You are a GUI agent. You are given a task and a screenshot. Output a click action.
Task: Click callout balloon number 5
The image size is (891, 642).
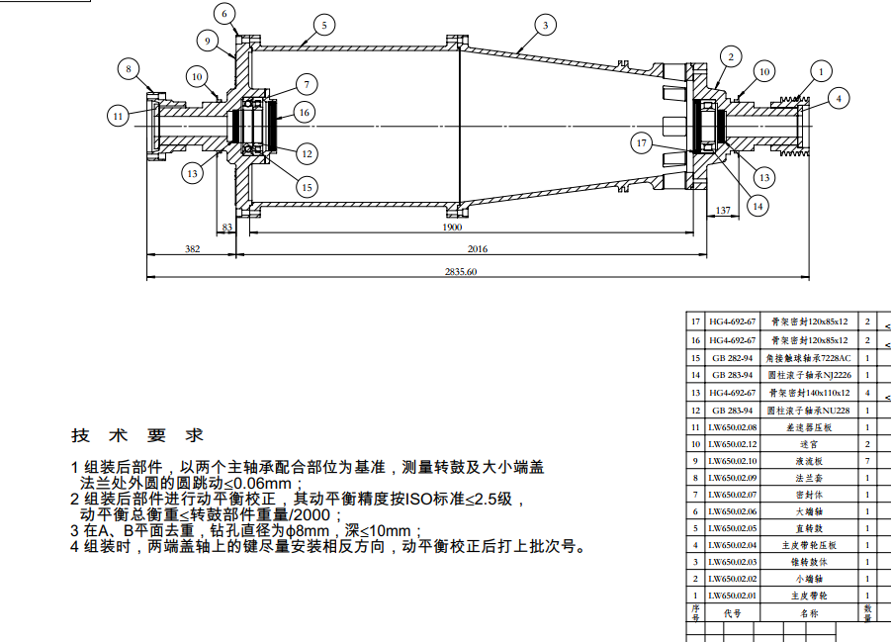pos(322,24)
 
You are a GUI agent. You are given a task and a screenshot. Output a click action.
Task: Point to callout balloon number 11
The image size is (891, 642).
pos(118,116)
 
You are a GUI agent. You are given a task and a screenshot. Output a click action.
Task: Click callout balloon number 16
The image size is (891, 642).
pos(304,113)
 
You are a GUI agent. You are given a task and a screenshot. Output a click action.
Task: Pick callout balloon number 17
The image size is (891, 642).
pos(642,143)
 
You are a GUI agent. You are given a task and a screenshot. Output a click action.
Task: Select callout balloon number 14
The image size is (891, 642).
pos(757,206)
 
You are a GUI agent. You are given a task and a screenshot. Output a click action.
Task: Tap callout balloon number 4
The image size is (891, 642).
pos(838,97)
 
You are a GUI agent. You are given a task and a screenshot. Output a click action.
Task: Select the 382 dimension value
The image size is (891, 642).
pos(192,249)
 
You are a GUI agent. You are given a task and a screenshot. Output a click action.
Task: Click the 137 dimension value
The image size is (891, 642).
pos(723,210)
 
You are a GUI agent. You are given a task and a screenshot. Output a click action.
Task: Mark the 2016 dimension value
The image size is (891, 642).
pos(478,249)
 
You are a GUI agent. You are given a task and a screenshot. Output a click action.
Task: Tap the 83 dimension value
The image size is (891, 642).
pos(227,228)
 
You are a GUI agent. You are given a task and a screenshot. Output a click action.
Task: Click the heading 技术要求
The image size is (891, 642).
pos(137,435)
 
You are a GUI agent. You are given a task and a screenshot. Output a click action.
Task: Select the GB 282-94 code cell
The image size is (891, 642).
pos(733,358)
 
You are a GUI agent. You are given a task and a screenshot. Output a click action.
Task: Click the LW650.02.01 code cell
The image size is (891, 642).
pos(733,596)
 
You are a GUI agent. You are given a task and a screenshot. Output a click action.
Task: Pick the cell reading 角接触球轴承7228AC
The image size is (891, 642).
pos(809,358)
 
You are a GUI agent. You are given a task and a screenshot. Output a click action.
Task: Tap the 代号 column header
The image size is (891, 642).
pos(733,613)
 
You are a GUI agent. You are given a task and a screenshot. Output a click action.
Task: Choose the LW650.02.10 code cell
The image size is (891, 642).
pos(733,461)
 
